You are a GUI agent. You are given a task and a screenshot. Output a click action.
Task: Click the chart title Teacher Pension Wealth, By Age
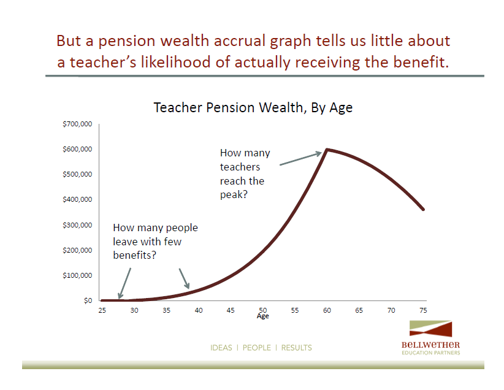[x=253, y=108]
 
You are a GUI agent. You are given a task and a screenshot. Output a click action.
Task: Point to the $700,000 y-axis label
[x=77, y=124]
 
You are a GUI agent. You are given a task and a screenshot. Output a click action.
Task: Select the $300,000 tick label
[x=77, y=224]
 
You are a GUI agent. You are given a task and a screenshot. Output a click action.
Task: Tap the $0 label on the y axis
[x=88, y=300]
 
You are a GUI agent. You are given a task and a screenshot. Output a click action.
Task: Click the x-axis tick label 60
[x=327, y=310]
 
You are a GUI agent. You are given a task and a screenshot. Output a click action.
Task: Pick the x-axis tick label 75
[x=423, y=310]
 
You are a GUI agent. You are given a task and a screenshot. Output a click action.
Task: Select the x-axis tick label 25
[x=102, y=310]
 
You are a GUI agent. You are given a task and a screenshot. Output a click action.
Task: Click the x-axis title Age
[x=262, y=316]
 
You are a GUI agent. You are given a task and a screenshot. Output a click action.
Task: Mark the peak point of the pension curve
[x=327, y=150]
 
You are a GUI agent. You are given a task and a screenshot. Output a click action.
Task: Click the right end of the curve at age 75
[x=423, y=209]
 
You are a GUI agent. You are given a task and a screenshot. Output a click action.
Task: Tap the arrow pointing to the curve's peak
[x=300, y=159]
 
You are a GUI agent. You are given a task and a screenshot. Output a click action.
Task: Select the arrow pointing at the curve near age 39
[x=184, y=278]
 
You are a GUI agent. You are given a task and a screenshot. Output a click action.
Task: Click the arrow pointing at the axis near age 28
[x=124, y=283]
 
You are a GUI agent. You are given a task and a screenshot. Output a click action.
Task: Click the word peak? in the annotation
[x=234, y=195]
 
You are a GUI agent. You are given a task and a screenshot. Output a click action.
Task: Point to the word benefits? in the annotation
[x=134, y=255]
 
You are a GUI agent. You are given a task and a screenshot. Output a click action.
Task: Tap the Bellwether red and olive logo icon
[x=430, y=329]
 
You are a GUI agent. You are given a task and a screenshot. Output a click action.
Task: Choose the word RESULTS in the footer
[x=296, y=348]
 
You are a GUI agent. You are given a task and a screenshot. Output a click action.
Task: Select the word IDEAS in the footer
[x=221, y=348]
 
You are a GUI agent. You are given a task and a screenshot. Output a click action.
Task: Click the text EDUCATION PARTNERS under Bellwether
[x=430, y=353]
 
